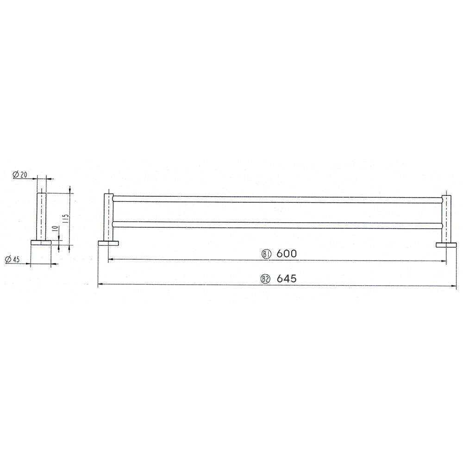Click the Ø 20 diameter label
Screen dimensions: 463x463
click(20, 175)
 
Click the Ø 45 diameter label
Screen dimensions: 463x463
click(13, 259)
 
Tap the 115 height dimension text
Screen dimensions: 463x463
click(66, 219)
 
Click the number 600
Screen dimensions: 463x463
click(287, 253)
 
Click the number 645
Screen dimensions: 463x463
click(287, 278)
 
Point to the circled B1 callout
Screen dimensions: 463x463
click(267, 254)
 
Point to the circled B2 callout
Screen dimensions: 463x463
click(266, 279)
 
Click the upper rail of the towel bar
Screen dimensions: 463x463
click(277, 199)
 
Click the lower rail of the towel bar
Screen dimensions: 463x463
click(277, 225)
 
